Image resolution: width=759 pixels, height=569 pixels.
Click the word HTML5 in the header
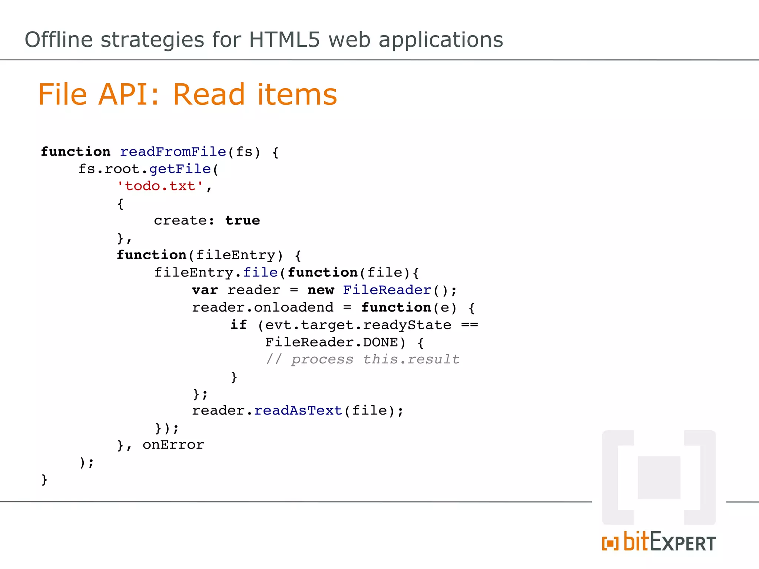click(x=284, y=40)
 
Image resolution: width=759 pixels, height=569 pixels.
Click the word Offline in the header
click(x=59, y=40)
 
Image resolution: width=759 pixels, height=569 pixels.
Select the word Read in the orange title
click(x=209, y=94)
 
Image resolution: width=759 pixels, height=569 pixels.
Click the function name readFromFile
click(x=173, y=152)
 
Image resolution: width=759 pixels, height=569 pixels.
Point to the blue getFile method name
click(x=180, y=169)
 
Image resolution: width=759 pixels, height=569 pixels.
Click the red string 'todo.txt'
click(x=160, y=186)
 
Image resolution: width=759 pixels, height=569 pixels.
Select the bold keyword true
click(x=243, y=221)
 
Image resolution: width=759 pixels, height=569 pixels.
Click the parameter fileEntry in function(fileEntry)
click(x=235, y=255)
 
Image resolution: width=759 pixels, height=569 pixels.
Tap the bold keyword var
click(x=205, y=290)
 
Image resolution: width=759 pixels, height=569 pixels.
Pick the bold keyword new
click(x=321, y=290)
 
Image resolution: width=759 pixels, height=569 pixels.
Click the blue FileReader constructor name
click(x=387, y=290)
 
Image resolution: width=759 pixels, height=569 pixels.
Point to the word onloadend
click(x=294, y=307)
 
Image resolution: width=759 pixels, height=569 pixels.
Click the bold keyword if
click(x=238, y=325)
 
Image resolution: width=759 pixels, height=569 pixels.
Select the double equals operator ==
click(x=470, y=325)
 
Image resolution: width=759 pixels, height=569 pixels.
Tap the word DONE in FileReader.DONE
click(x=380, y=342)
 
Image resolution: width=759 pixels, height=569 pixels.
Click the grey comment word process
click(x=322, y=359)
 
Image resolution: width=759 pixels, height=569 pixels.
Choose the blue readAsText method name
click(x=298, y=411)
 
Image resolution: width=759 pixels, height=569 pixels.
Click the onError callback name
click(x=173, y=445)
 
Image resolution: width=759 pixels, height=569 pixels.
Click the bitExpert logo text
click(x=669, y=542)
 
